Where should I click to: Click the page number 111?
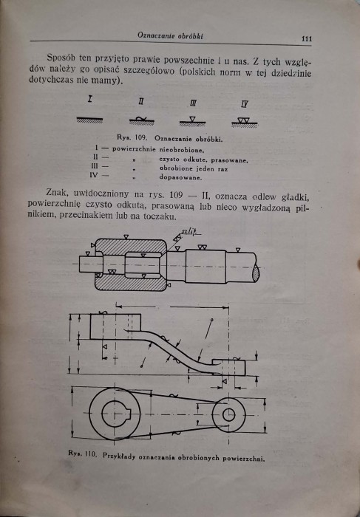[x=307, y=38]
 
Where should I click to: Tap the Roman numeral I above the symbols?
[x=89, y=98]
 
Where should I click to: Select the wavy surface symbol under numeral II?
[x=140, y=119]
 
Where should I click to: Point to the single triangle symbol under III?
[x=192, y=120]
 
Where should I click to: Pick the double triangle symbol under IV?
[x=243, y=120]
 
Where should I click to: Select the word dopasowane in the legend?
[x=180, y=177]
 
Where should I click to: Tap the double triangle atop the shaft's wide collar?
[x=202, y=247]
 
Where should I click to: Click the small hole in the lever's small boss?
[x=228, y=414]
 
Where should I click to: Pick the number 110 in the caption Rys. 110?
[x=90, y=455]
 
